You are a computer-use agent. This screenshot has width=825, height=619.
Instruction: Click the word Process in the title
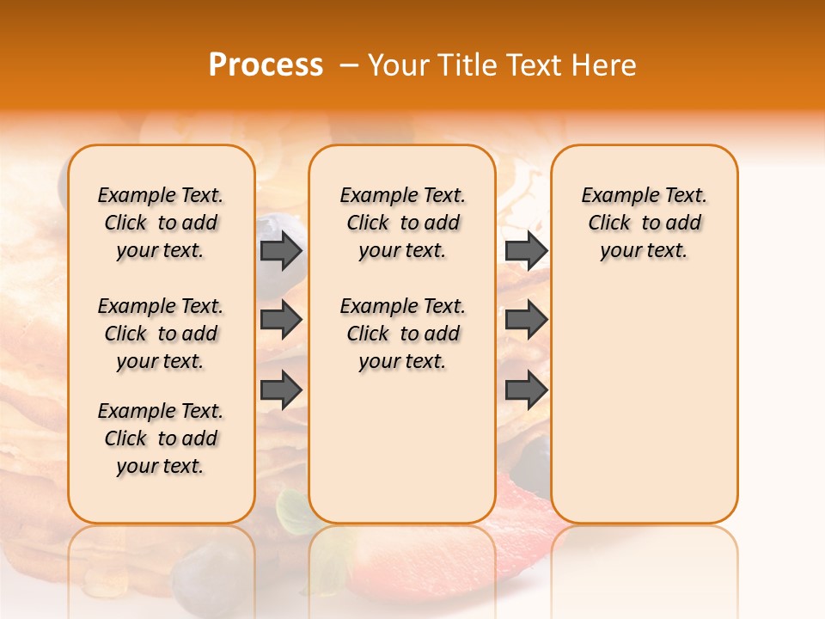(266, 65)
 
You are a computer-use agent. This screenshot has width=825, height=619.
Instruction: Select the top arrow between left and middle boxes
(281, 250)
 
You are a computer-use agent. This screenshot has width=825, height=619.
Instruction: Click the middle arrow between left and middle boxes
(281, 320)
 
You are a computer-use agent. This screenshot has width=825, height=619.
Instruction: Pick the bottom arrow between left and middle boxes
(281, 389)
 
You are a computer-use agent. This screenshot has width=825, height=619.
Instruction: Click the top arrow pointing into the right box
(526, 250)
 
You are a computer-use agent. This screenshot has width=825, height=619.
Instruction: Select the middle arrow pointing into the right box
(526, 320)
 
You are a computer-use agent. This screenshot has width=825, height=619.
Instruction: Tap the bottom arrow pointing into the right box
(526, 389)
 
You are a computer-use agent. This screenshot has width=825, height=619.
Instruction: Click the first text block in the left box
(161, 223)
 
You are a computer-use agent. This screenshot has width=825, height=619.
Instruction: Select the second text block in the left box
(161, 334)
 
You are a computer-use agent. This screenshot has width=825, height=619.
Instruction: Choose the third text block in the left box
(161, 438)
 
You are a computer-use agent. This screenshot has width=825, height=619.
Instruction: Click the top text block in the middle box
(402, 223)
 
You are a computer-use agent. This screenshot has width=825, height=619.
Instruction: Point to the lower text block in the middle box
(402, 334)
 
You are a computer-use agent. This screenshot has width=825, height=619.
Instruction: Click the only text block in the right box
(644, 223)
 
